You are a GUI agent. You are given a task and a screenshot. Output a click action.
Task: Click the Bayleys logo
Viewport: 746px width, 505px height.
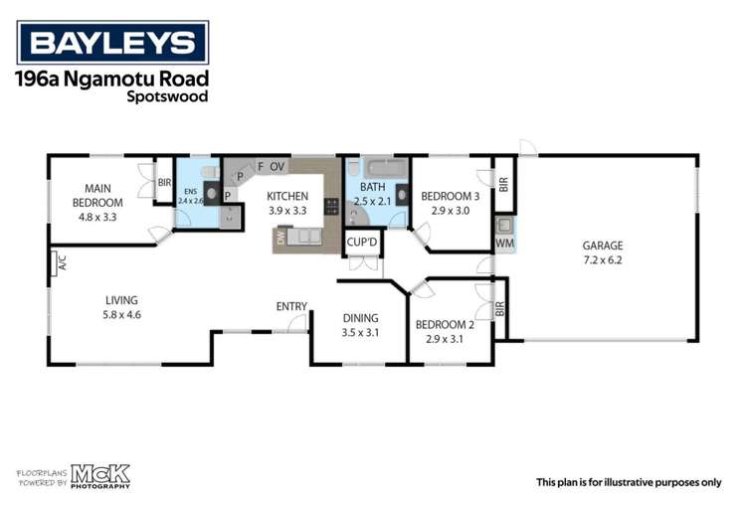pyautogui.click(x=112, y=43)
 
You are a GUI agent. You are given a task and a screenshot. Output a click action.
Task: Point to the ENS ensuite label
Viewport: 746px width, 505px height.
pyautogui.click(x=189, y=190)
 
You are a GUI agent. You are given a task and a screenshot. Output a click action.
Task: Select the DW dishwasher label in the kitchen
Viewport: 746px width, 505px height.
pyautogui.click(x=281, y=239)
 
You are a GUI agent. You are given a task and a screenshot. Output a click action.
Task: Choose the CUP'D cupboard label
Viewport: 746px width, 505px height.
pyautogui.click(x=362, y=243)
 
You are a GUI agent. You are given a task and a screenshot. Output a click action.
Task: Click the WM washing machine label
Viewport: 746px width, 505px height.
pyautogui.click(x=504, y=243)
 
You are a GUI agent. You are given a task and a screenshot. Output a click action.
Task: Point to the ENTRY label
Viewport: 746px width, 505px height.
pyautogui.click(x=291, y=306)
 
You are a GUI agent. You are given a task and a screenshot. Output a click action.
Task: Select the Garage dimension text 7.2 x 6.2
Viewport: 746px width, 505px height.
pyautogui.click(x=603, y=260)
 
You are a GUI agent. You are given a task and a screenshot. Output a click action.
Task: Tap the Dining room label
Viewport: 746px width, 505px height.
pyautogui.click(x=360, y=319)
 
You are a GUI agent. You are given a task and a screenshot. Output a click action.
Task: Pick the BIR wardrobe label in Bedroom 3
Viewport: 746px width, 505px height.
pyautogui.click(x=503, y=184)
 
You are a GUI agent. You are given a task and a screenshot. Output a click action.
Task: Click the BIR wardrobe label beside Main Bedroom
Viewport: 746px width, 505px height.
pyautogui.click(x=164, y=183)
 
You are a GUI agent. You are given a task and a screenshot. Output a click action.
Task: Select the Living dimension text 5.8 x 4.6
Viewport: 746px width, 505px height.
pyautogui.click(x=122, y=315)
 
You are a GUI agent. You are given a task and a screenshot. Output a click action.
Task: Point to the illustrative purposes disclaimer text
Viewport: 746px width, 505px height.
pyautogui.click(x=629, y=482)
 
